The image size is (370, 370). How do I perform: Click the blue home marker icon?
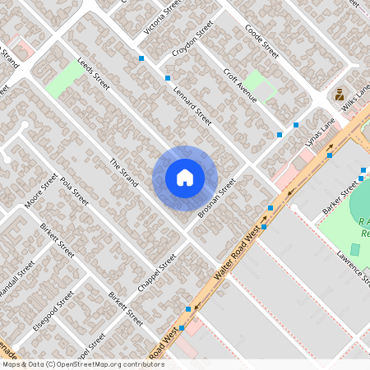(x=185, y=178)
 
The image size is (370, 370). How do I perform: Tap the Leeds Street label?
(x=93, y=73)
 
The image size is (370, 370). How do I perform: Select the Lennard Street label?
(x=192, y=107)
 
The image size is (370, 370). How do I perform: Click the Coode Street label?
(x=262, y=40)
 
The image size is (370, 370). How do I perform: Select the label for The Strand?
(x=123, y=173)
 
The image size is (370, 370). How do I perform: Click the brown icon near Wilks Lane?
(x=339, y=95)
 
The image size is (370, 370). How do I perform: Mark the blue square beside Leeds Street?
(x=142, y=58)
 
